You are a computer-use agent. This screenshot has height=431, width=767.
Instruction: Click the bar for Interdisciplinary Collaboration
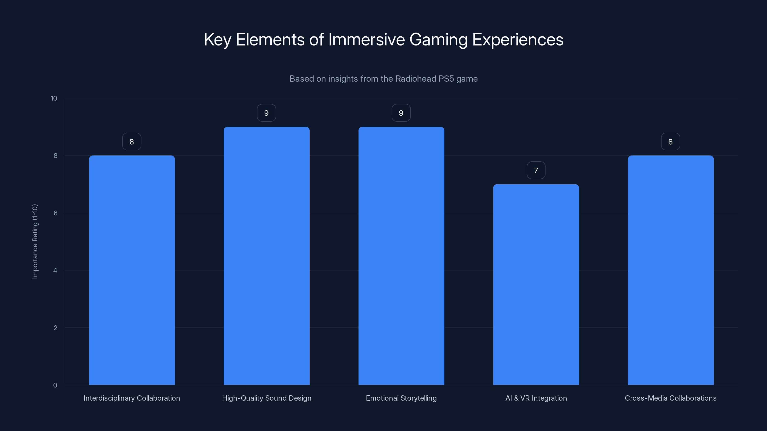click(x=132, y=270)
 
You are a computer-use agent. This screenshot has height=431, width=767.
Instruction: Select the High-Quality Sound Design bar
click(x=267, y=256)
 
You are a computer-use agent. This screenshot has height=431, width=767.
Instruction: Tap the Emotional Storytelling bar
click(x=401, y=256)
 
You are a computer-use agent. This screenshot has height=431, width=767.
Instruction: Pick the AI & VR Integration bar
click(x=536, y=284)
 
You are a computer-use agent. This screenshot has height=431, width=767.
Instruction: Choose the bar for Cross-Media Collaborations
click(x=671, y=270)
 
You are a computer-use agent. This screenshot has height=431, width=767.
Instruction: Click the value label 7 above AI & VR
click(x=536, y=170)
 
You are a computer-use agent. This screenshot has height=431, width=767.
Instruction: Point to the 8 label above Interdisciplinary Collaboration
click(x=132, y=142)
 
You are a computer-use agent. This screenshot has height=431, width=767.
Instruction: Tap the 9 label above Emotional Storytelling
click(x=401, y=113)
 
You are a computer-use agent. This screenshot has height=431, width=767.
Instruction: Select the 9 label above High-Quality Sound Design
click(x=267, y=113)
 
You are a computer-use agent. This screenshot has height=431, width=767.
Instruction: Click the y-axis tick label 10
click(x=54, y=98)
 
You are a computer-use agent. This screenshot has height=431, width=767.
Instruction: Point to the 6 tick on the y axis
click(x=55, y=213)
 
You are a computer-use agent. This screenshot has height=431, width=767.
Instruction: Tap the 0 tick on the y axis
click(x=55, y=385)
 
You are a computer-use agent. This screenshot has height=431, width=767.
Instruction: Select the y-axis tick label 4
click(x=55, y=270)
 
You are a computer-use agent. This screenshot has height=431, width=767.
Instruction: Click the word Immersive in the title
click(x=366, y=40)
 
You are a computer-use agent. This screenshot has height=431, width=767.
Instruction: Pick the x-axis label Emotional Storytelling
click(x=401, y=398)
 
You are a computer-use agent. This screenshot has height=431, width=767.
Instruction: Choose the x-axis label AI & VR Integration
click(x=536, y=398)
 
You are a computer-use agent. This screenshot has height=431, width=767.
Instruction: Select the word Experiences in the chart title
click(x=517, y=40)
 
